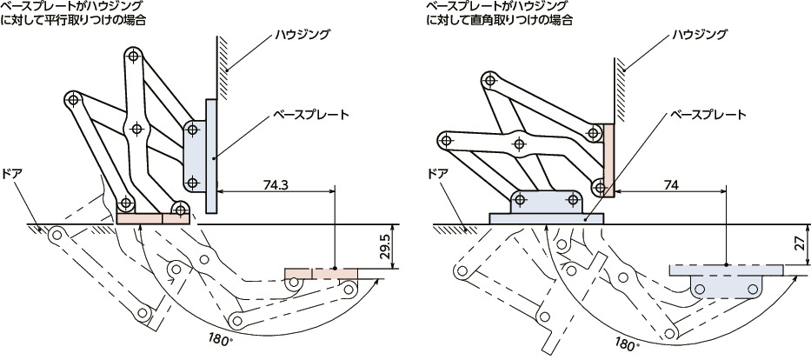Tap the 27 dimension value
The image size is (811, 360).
tap(801, 244)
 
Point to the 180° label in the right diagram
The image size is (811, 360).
tap(626, 342)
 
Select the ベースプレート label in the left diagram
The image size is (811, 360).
tap(311, 114)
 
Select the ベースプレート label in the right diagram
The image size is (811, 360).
tap(708, 114)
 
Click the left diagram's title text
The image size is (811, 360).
tap(72, 13)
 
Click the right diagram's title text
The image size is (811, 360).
tap(500, 13)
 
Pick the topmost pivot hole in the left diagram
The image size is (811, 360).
tap(134, 55)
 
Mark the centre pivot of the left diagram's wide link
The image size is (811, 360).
tap(136, 129)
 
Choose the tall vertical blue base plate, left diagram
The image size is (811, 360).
tap(211, 157)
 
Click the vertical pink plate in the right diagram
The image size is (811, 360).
tap(608, 160)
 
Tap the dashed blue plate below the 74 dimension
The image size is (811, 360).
tap(727, 270)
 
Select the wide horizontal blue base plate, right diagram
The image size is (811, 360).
tap(546, 218)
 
